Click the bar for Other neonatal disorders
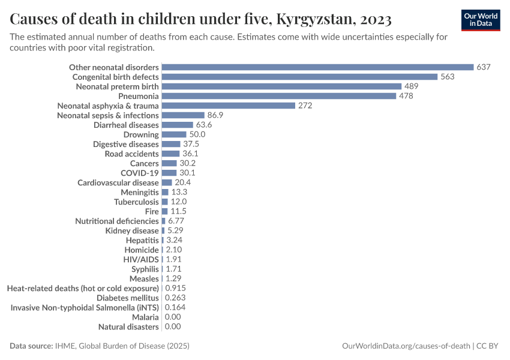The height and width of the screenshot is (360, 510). pos(317,67)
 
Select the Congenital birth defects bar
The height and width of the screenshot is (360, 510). pos(299,77)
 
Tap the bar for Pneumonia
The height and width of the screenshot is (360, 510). pos(279,96)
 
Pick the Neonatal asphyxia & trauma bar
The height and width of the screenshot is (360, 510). pos(229,106)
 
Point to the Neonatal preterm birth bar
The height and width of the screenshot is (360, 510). pos(281,86)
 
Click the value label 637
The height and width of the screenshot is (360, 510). pos(484,67)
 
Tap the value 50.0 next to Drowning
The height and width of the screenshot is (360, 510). pos(197,134)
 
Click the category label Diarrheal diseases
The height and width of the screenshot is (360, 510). pos(126,125)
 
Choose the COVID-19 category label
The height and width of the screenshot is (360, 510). pos(140,173)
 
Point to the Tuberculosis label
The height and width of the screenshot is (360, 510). pos(136,202)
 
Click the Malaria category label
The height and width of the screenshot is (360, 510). pos(145,317)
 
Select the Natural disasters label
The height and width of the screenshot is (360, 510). pos(128,326)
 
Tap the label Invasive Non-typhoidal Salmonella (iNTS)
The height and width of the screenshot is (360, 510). pos(85,307)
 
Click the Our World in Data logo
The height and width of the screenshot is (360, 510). pos(480,20)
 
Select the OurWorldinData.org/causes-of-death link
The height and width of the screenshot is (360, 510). pos(406,346)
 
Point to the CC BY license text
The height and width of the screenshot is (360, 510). pos(489,346)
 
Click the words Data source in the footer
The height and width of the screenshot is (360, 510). pos(31,346)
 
